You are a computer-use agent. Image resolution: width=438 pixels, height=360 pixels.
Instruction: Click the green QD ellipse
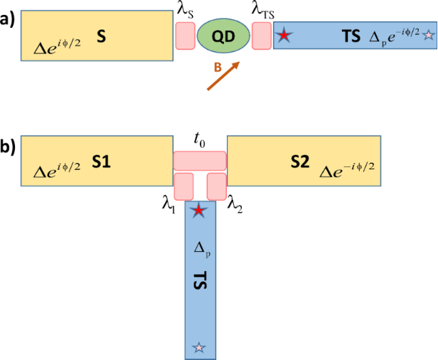[223, 36]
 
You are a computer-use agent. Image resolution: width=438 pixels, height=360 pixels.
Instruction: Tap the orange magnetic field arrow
[223, 75]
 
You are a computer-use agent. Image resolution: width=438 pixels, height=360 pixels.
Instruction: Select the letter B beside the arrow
[218, 68]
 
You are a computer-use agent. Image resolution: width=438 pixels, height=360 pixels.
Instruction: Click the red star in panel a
[284, 36]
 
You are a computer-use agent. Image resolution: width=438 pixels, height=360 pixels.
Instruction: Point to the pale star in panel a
[429, 35]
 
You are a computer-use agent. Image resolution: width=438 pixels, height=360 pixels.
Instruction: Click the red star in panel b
[198, 211]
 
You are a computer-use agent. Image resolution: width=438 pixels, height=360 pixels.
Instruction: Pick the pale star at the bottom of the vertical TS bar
[198, 347]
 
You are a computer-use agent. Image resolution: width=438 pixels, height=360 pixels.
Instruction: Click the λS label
[186, 11]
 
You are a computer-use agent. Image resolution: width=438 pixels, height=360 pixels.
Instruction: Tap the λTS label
[263, 11]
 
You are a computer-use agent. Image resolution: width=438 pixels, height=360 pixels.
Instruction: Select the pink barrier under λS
[185, 36]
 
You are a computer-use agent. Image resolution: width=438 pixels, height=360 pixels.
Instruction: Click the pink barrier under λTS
[262, 36]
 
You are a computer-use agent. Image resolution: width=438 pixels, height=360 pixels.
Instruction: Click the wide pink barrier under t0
[200, 161]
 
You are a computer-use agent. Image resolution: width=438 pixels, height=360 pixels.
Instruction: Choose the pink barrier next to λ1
[183, 186]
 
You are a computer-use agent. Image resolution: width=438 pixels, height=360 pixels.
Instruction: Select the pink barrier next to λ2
[216, 186]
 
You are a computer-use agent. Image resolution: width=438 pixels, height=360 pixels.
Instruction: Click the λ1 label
[169, 206]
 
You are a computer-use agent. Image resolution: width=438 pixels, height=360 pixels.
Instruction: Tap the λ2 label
[235, 206]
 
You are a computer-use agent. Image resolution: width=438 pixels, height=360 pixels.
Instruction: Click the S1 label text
[102, 162]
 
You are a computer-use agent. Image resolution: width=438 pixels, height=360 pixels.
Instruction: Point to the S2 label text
[300, 162]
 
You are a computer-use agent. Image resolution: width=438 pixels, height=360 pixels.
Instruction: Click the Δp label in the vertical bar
[202, 249]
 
